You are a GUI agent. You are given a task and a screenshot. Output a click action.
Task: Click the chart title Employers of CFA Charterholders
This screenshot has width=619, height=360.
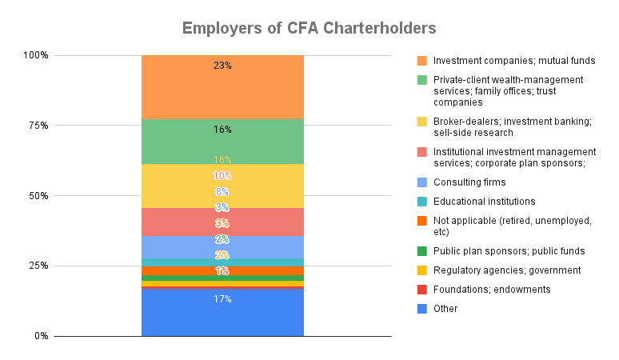[x=309, y=28]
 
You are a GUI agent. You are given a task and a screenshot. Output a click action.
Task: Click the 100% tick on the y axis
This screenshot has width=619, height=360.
[x=36, y=55]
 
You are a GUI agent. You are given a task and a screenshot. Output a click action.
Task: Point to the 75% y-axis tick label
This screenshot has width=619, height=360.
[x=38, y=126]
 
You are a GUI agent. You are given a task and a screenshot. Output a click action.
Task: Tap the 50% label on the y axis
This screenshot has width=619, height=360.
[x=38, y=195]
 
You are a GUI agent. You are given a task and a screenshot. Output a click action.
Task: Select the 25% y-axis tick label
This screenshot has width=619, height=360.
[x=38, y=266]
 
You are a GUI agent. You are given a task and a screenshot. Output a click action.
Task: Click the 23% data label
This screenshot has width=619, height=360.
[x=222, y=66]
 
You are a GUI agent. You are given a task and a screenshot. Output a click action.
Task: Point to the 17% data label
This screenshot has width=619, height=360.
[x=222, y=299]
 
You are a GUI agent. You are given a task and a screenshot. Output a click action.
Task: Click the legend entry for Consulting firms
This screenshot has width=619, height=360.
[x=469, y=182]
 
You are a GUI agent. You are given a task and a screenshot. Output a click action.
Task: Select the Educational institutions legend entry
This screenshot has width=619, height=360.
[x=484, y=202]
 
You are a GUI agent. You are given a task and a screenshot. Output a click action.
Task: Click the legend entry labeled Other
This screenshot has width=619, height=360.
[x=445, y=308]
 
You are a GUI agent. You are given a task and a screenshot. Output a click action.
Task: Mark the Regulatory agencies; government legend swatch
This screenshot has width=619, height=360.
[x=421, y=270]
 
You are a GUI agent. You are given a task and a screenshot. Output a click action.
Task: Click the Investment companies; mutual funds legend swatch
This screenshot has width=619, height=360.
[x=421, y=61]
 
